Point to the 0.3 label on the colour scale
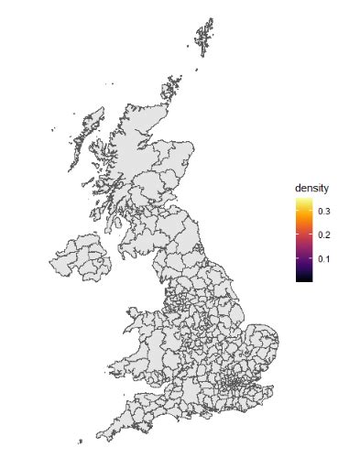tap(324, 212)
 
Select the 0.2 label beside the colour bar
tap(324, 235)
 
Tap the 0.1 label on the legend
tap(324, 259)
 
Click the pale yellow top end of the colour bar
tap(303, 202)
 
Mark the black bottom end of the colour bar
tap(303, 278)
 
